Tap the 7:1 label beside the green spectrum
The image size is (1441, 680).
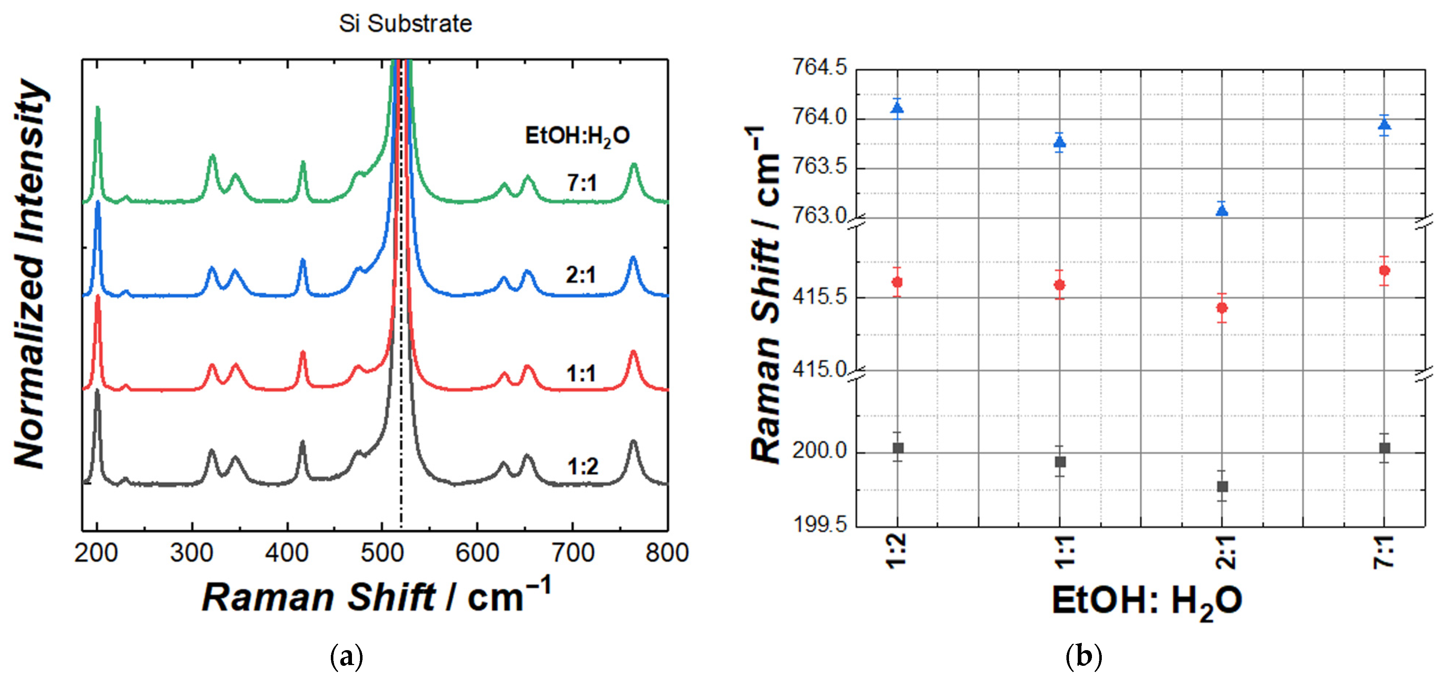[x=582, y=183]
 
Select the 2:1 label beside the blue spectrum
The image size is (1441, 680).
[x=581, y=275]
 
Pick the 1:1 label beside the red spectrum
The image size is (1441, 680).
[x=581, y=373]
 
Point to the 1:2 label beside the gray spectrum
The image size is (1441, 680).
[x=582, y=466]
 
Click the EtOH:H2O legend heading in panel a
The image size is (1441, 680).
[x=577, y=136]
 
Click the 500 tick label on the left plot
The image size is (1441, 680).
[x=382, y=553]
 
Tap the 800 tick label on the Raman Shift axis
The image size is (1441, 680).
[x=666, y=553]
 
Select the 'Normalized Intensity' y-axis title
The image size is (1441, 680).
[x=31, y=274]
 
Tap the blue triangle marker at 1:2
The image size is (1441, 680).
[x=897, y=107]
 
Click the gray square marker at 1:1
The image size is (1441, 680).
[x=1060, y=462]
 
